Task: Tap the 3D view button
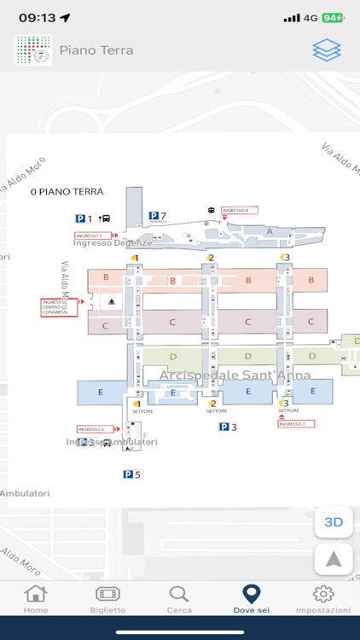coord(334,521)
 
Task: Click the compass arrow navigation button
coord(334,559)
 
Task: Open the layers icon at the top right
coord(326,50)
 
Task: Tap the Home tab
coord(36,598)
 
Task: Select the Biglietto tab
coord(107,598)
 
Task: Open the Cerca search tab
coord(179,598)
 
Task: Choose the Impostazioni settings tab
coord(323,598)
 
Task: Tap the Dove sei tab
coord(251,598)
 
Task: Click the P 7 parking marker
coord(157,217)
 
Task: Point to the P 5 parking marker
coord(131,474)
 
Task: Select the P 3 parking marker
coord(227,427)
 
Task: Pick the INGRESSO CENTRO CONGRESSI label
coord(55,307)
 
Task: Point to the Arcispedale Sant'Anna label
coord(235,375)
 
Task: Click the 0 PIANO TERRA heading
coord(67,192)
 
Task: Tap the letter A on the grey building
coord(270,231)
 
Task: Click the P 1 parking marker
coord(84,219)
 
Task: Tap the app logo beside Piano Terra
coord(32,50)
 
